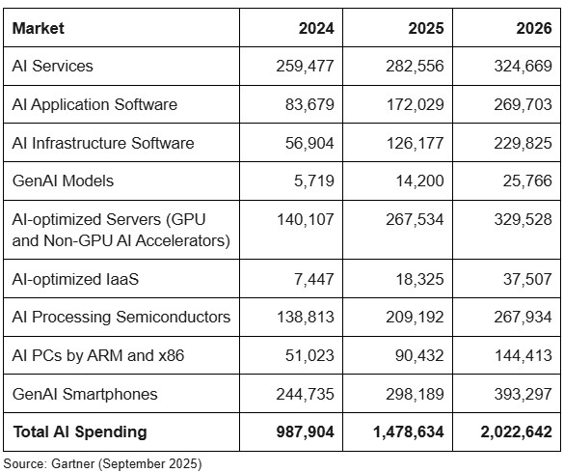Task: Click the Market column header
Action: [39, 28]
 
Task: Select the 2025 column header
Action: [426, 28]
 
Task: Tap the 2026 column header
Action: [534, 28]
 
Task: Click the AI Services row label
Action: [52, 66]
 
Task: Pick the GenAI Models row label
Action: [63, 181]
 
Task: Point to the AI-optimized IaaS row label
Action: [75, 279]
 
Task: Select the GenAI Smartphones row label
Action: [85, 394]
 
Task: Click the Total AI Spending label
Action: [80, 431]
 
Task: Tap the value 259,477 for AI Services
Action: [305, 66]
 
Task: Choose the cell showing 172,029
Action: [416, 104]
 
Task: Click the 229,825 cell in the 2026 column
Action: [523, 143]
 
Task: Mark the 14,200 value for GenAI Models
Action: [419, 181]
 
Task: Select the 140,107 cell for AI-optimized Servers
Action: [306, 219]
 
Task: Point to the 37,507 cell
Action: [527, 279]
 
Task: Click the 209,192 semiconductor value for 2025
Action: [415, 317]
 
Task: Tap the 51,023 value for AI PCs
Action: [309, 355]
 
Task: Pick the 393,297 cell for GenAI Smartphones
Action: [523, 394]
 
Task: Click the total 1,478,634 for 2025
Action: [408, 431]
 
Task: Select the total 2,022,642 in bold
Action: [516, 431]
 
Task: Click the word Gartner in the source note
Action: [73, 463]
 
